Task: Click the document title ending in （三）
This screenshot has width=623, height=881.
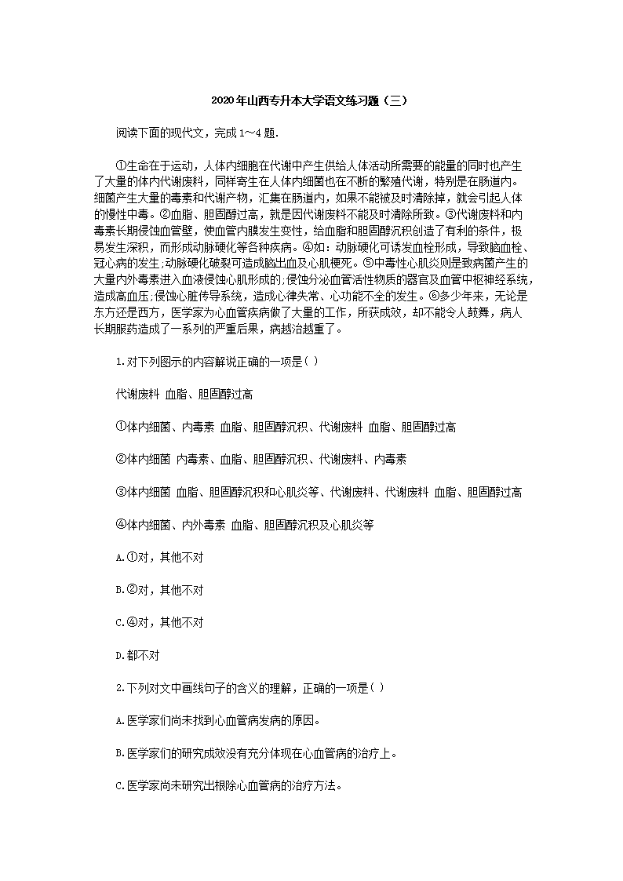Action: point(311,101)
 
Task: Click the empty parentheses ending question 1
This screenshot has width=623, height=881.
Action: point(310,362)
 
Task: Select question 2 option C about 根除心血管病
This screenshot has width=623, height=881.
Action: point(228,785)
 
